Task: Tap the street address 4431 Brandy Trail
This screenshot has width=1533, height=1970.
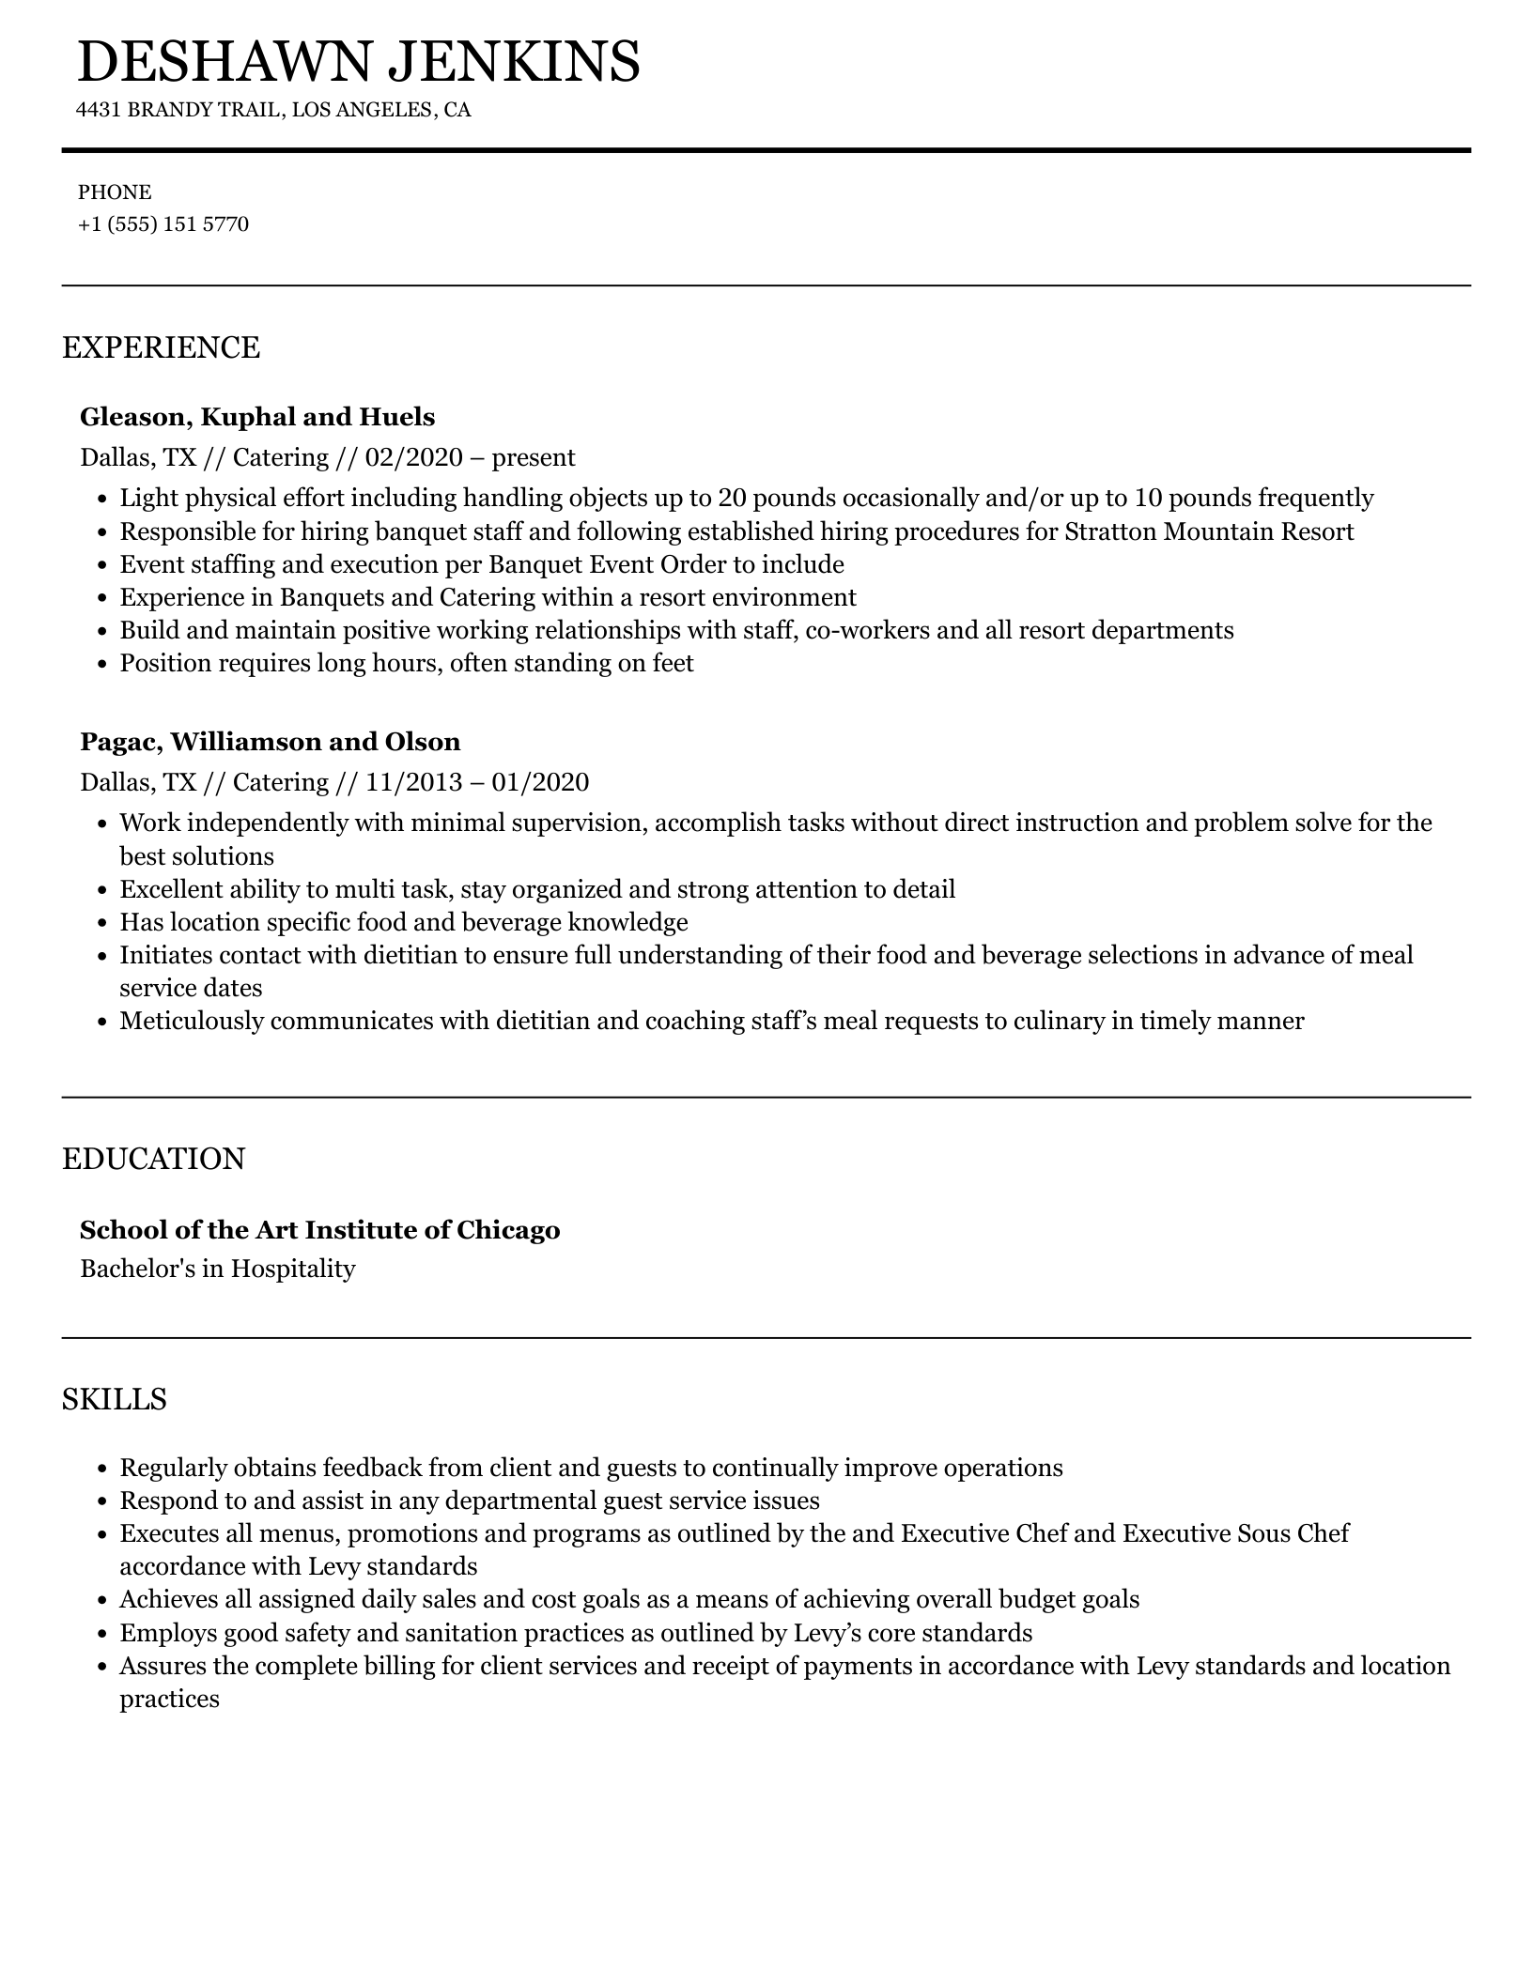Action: click(178, 111)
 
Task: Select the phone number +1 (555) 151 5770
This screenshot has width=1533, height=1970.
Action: click(163, 224)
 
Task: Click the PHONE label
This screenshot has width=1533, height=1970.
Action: click(115, 192)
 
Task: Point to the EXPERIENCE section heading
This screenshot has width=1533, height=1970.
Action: click(161, 347)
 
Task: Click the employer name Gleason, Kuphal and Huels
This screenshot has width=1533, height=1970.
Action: click(257, 417)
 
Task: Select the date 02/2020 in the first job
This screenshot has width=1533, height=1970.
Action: click(414, 458)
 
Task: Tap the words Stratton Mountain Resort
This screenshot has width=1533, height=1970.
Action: click(1209, 531)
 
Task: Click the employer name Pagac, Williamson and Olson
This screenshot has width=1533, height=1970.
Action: click(271, 742)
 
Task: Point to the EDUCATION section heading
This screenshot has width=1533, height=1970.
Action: click(153, 1159)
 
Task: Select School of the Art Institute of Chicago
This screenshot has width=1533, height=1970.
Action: click(319, 1230)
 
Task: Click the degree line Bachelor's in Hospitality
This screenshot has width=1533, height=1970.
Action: click(218, 1270)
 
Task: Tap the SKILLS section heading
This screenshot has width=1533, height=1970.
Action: click(114, 1399)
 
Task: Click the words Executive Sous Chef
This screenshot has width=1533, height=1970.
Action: click(1235, 1533)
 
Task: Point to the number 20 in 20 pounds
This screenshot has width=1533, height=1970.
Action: click(731, 499)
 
